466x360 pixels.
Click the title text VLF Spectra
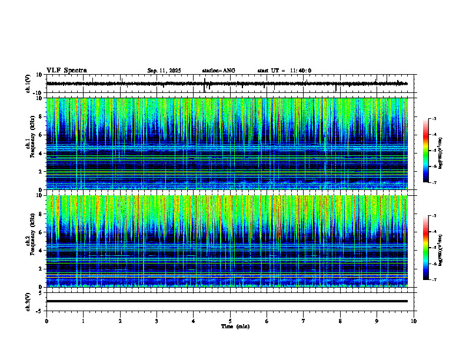coord(66,71)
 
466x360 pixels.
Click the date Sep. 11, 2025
coord(164,71)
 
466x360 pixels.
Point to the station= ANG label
coord(218,71)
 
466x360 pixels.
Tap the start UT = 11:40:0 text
coord(284,71)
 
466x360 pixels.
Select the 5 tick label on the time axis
coord(230,321)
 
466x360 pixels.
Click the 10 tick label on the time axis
coord(414,321)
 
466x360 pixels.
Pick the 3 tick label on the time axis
coord(157,321)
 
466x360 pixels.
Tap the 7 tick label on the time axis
coord(304,321)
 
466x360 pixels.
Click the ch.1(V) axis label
coord(28,84)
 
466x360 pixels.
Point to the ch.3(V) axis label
coord(28,301)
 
